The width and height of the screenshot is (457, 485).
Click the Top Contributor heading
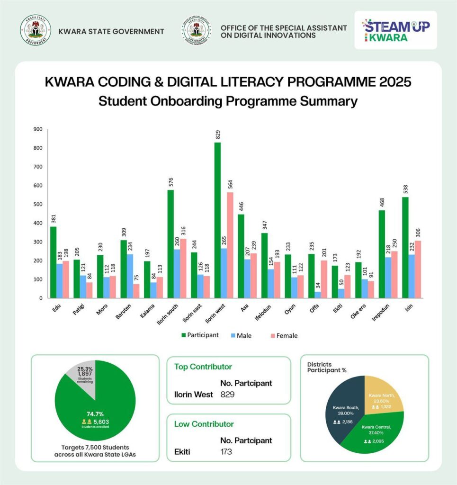(203, 367)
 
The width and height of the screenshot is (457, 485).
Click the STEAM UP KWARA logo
(395, 31)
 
